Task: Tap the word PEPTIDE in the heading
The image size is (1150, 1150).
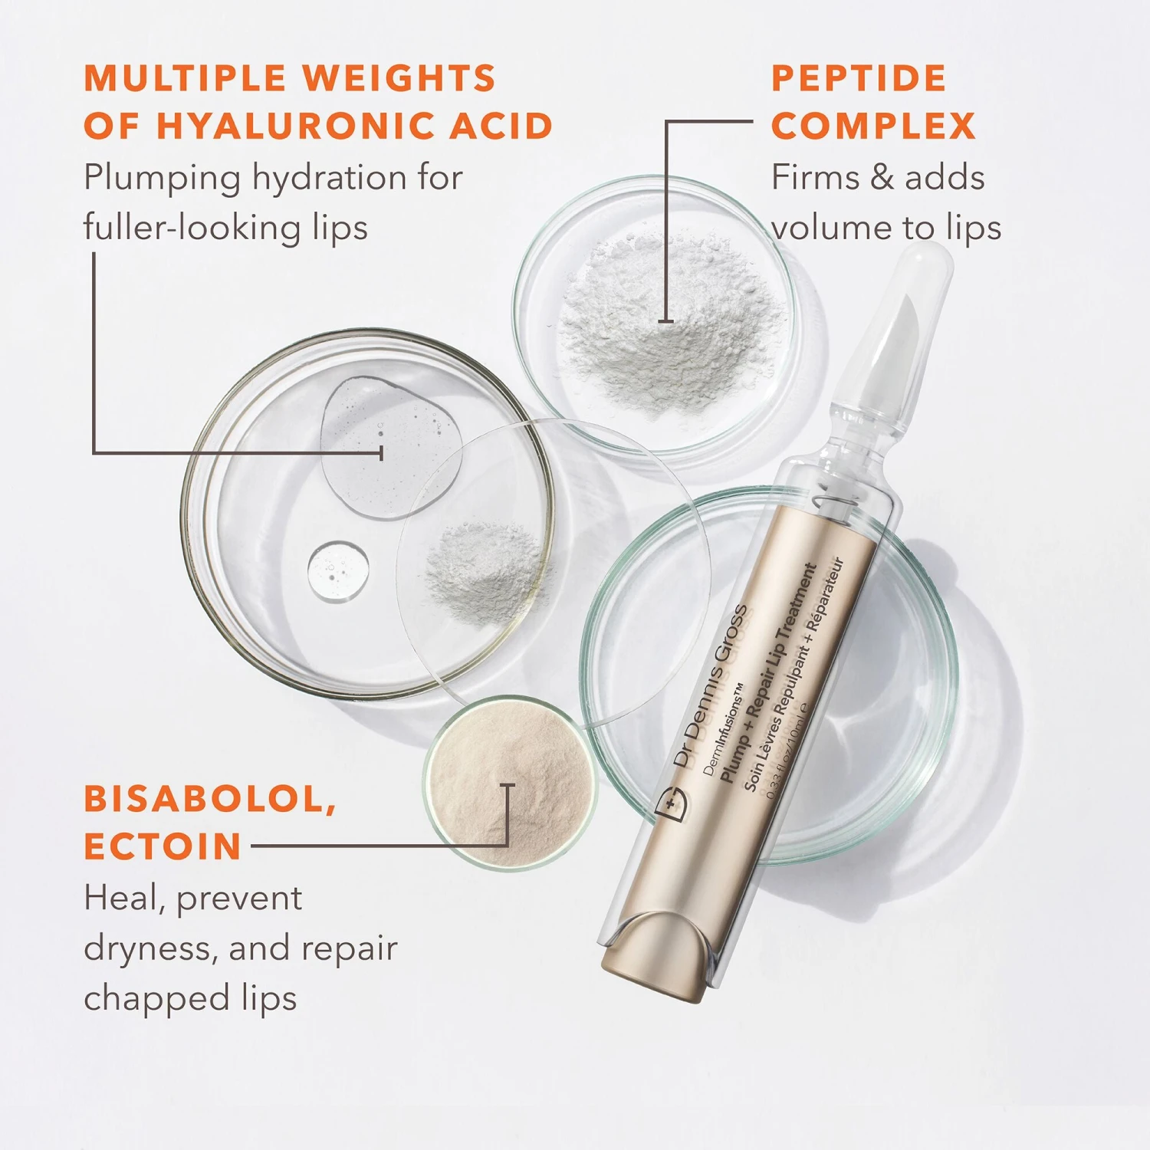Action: pos(859,78)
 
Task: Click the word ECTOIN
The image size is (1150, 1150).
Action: pos(163,847)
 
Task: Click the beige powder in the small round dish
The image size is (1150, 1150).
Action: pos(511,782)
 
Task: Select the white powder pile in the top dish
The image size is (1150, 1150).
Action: pos(667,322)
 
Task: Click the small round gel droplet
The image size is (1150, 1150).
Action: pos(338,571)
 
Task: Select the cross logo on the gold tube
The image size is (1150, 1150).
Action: pos(672,803)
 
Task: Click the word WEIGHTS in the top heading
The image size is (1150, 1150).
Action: pos(399,78)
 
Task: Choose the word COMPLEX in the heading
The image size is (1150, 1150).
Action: pos(873,127)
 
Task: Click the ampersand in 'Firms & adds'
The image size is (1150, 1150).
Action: pos(882,178)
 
